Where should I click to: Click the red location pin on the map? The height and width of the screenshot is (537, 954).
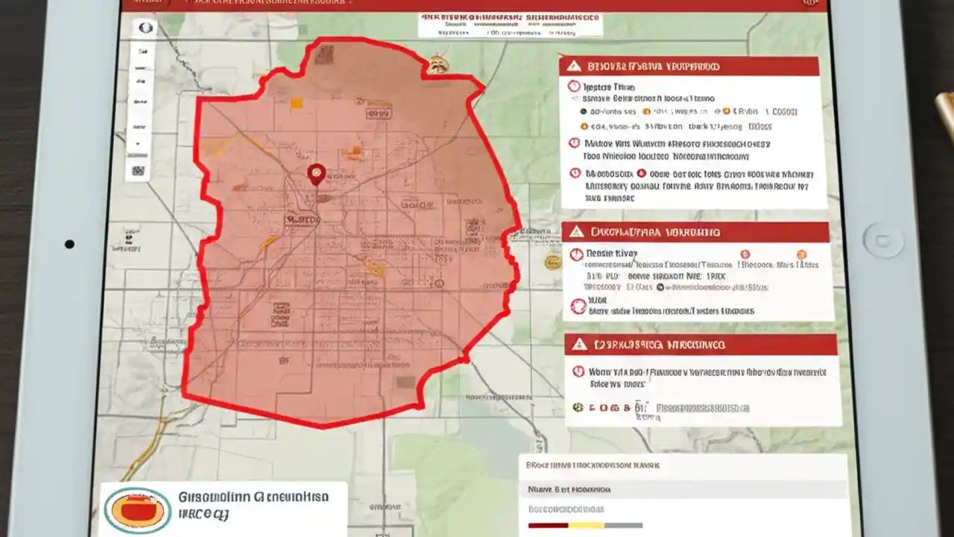click(316, 174)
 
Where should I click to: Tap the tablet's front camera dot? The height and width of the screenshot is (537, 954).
click(69, 244)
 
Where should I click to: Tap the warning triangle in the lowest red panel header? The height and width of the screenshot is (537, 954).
click(578, 345)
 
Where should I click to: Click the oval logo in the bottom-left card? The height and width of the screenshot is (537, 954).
click(136, 511)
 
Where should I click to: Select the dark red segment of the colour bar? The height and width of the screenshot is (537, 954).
click(547, 526)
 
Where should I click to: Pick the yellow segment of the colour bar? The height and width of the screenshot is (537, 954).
click(586, 526)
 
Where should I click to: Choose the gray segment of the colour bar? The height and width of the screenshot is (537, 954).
click(624, 526)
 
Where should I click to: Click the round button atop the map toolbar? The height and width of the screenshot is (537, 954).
click(145, 28)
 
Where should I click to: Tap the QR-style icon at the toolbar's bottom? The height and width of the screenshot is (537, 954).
click(139, 170)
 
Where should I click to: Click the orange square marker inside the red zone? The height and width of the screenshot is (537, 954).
click(296, 104)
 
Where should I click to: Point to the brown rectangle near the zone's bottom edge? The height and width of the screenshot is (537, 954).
click(405, 382)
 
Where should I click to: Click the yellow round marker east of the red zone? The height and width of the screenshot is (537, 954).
click(552, 262)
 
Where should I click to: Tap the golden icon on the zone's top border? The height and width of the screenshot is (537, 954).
click(437, 66)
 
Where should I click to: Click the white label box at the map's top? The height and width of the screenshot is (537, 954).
click(510, 25)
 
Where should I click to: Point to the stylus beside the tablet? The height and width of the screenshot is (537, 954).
click(944, 112)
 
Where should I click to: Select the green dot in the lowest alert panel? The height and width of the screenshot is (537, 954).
click(577, 407)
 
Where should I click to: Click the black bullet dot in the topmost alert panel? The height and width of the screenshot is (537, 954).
click(583, 111)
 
